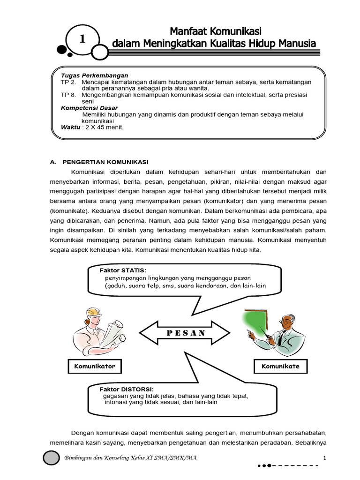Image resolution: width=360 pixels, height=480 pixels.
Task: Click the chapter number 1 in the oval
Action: click(x=82, y=40)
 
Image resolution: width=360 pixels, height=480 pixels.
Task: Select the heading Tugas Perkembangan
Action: click(x=94, y=75)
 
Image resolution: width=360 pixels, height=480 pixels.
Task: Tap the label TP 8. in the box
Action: click(x=68, y=94)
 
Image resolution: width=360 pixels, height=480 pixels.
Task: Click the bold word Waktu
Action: click(x=70, y=127)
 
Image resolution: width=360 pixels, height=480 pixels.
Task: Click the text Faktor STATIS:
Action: click(x=123, y=271)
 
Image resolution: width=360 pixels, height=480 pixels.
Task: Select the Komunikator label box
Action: click(x=94, y=366)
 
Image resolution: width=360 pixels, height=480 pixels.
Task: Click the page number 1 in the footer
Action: click(x=324, y=457)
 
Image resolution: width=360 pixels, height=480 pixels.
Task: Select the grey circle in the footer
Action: click(x=51, y=457)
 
